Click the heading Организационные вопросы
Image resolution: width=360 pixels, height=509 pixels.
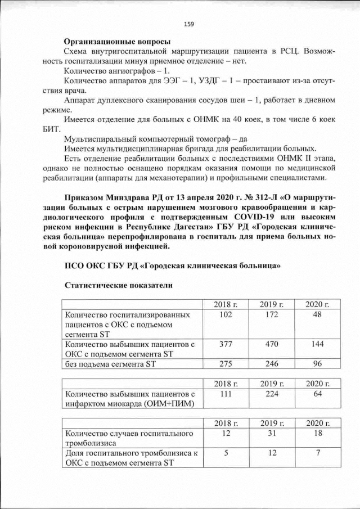[118, 41]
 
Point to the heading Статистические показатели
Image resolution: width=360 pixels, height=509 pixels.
[118, 285]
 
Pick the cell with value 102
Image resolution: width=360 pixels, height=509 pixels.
[226, 314]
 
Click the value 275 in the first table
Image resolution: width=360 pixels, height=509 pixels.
[226, 363]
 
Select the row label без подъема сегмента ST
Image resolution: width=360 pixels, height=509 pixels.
[110, 364]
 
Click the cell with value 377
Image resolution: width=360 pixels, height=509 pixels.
[226, 344]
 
